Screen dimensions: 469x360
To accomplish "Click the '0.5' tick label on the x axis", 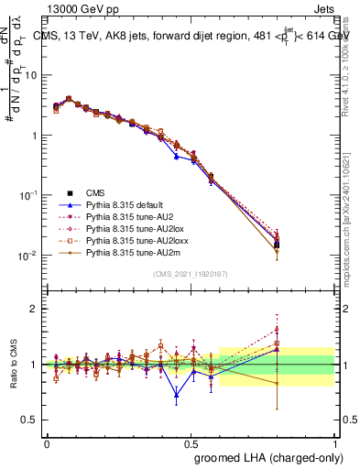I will click(x=191, y=442).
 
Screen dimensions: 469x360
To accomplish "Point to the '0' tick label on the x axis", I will click(x=47, y=442).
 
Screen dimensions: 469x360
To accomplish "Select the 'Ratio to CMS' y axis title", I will click(x=14, y=365).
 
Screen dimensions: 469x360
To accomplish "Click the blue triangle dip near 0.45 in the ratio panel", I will click(x=176, y=396).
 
